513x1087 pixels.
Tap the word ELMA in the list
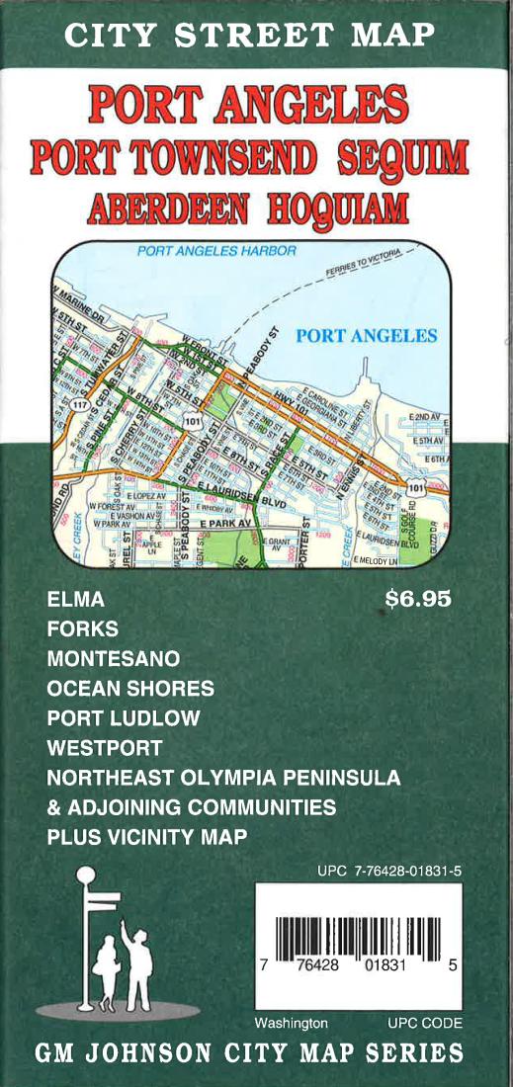(75, 600)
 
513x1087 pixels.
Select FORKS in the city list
(82, 628)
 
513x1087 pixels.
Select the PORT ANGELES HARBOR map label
(216, 251)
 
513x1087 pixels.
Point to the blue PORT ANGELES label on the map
(366, 336)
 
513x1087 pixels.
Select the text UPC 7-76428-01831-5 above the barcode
(389, 872)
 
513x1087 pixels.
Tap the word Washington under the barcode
(291, 1023)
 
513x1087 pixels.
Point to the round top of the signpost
(87, 875)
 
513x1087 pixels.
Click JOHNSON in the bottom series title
(164, 1051)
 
